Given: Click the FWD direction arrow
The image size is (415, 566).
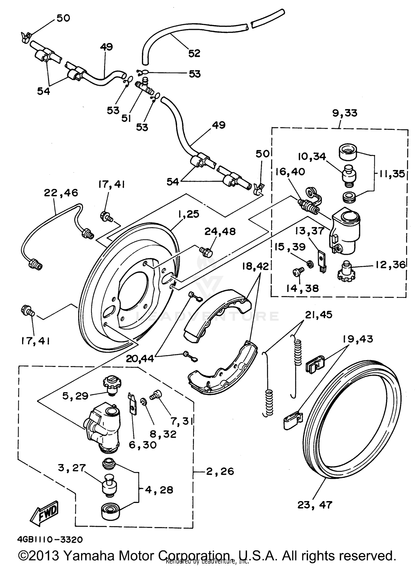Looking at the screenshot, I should click(45, 513).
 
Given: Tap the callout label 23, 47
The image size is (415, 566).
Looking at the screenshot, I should click(315, 505).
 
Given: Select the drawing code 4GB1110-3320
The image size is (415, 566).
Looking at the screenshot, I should click(50, 539).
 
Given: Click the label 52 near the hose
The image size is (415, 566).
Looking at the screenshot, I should click(194, 53).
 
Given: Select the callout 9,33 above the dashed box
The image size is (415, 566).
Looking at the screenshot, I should click(345, 113).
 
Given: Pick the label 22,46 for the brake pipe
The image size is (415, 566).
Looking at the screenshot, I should click(61, 193).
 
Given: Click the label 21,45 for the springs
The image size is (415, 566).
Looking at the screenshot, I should click(319, 315).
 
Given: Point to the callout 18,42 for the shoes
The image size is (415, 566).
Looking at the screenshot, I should click(255, 266).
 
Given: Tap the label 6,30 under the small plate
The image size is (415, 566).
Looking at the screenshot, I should click(142, 445).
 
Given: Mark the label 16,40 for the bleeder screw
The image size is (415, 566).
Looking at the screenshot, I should click(290, 172).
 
